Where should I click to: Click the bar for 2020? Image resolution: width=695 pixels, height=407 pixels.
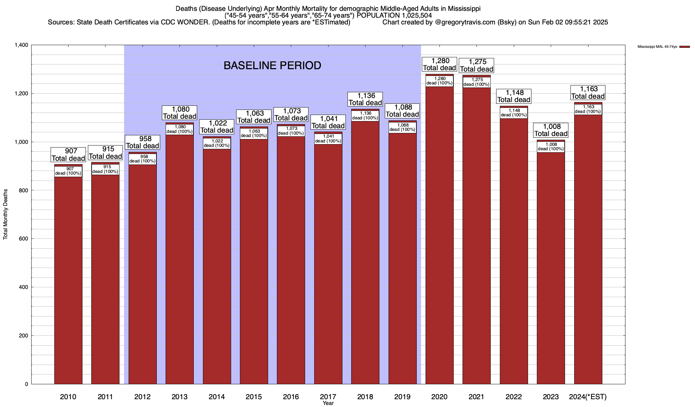tap(439, 237)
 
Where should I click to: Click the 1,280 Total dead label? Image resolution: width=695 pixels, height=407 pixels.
tap(439, 64)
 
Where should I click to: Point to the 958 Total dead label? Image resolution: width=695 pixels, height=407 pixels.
tap(143, 142)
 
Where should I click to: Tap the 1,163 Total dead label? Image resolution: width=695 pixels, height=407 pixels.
tap(588, 93)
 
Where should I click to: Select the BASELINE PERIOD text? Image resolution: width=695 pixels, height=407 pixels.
tap(272, 65)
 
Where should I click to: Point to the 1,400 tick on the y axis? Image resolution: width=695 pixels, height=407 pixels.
tap(21, 45)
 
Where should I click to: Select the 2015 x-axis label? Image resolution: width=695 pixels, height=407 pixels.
tap(254, 396)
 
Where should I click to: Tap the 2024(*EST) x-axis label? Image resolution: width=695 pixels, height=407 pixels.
tap(588, 396)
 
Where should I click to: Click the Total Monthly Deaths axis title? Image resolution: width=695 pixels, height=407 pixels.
tap(5, 214)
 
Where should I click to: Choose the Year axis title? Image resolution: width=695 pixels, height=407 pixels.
tap(328, 403)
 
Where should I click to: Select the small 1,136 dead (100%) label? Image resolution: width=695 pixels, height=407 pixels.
tap(365, 116)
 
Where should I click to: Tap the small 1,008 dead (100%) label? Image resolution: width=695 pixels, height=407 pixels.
tap(551, 147)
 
